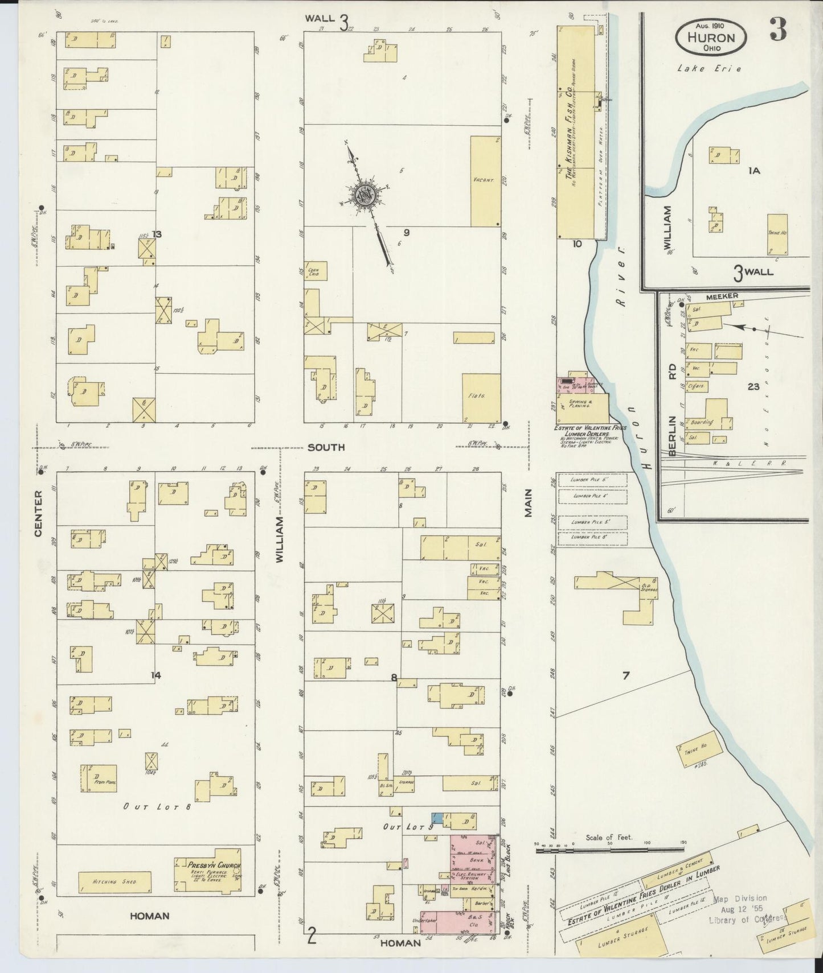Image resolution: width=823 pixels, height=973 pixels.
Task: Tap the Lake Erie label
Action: [709, 68]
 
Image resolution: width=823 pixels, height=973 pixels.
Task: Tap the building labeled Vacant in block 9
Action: [485, 180]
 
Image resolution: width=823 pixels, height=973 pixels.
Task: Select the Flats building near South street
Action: [481, 397]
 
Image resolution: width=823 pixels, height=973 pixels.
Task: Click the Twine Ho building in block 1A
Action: [777, 234]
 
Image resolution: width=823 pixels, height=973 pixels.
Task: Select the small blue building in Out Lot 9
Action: [437, 817]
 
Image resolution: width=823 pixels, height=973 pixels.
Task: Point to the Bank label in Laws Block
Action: [477, 861]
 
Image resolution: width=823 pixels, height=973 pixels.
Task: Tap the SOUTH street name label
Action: [326, 447]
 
